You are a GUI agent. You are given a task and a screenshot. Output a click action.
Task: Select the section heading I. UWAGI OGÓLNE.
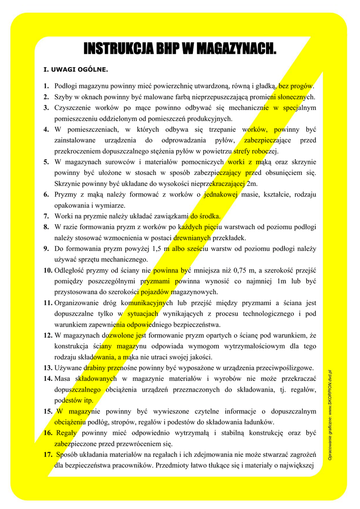click(x=76, y=69)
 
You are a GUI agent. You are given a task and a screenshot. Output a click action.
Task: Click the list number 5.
click(x=46, y=162)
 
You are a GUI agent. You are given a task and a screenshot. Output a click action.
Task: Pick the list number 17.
click(x=48, y=454)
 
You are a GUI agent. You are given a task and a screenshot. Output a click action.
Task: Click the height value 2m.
click(x=251, y=183)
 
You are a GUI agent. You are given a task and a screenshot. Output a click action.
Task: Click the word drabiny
click(x=94, y=368)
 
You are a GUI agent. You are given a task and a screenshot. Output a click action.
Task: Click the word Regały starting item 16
click(x=66, y=432)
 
